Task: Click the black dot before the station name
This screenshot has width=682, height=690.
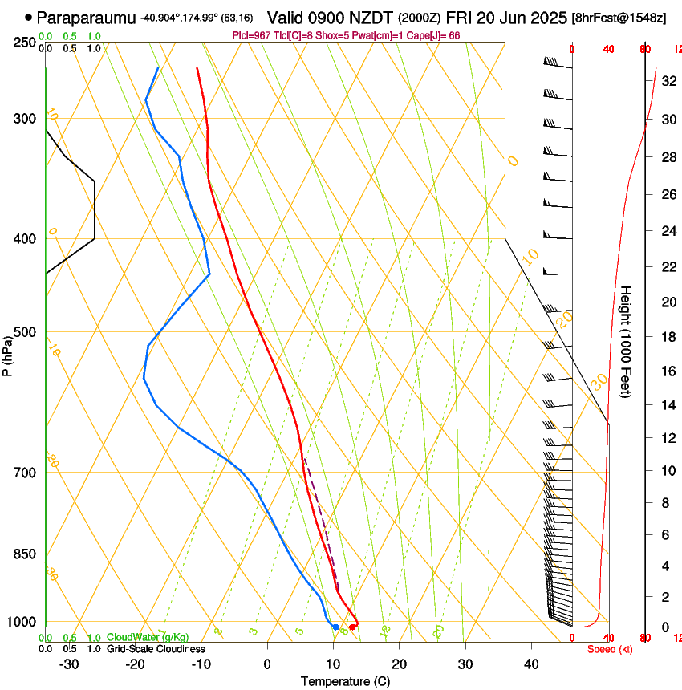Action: [29, 17]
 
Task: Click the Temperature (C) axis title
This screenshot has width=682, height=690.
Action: [345, 681]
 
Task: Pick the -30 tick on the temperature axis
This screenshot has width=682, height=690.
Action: [69, 664]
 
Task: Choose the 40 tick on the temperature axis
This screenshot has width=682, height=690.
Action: [531, 664]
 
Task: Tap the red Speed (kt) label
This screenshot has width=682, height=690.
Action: [610, 649]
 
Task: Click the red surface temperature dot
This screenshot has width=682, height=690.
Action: [352, 627]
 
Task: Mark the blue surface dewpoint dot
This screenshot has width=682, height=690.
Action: [335, 627]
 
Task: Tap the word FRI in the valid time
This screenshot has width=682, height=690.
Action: [470, 17]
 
